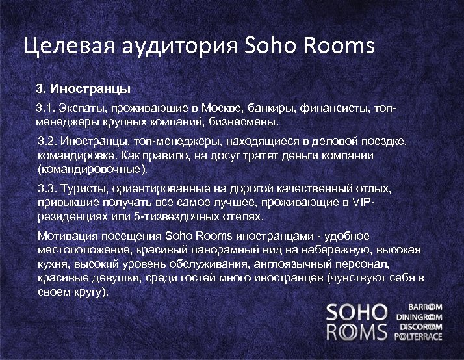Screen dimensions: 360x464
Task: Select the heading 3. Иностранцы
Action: coord(83,88)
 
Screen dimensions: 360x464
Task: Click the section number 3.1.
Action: coord(44,106)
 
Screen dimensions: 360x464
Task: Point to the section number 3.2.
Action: coord(49,141)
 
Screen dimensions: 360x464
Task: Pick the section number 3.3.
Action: coord(49,188)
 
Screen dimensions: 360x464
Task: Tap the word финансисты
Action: coord(332,106)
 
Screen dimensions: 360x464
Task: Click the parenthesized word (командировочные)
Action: coord(93,170)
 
